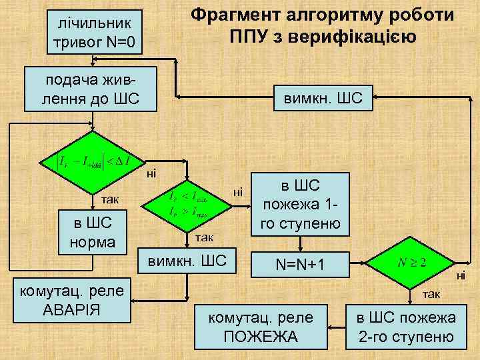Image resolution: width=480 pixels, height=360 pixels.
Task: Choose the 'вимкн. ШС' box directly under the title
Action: click(x=323, y=98)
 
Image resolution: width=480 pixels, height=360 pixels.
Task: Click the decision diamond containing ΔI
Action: click(x=93, y=161)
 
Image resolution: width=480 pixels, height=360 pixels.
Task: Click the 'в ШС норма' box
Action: click(x=93, y=233)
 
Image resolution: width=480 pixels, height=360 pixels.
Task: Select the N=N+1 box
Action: click(x=302, y=265)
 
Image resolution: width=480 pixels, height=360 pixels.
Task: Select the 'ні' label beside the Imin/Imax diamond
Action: click(x=238, y=192)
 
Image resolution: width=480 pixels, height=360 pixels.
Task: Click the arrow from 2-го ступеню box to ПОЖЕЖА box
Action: click(x=336, y=327)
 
